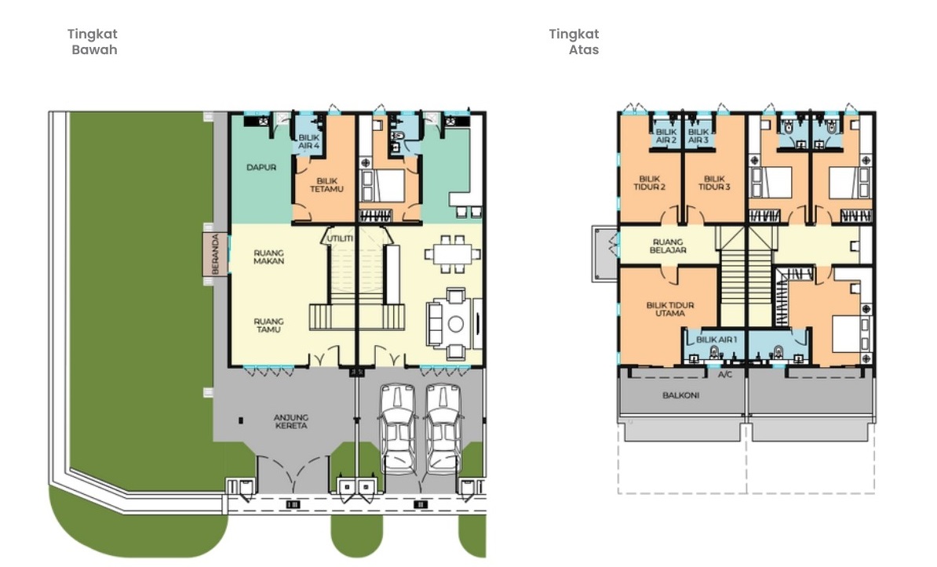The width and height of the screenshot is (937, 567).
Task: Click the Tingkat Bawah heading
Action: (x=93, y=42)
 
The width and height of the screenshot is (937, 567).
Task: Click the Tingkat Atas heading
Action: (x=574, y=42)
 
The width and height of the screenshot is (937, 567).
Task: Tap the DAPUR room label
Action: (x=261, y=167)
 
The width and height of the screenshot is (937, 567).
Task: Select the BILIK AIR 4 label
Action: (x=309, y=142)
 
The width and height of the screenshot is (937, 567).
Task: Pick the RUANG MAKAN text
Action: (x=268, y=257)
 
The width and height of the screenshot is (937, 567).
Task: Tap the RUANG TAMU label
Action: (x=268, y=325)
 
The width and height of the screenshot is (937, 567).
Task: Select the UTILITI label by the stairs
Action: (x=340, y=238)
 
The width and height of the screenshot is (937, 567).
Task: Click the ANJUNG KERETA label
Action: (x=290, y=421)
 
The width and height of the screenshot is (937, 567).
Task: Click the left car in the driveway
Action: (x=397, y=428)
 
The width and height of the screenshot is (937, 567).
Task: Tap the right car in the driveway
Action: (x=442, y=428)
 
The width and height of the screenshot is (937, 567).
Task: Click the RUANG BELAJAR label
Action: (x=668, y=245)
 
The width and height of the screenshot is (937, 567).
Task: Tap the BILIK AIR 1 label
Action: (x=716, y=339)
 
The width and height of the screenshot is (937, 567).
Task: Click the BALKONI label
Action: (x=679, y=395)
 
